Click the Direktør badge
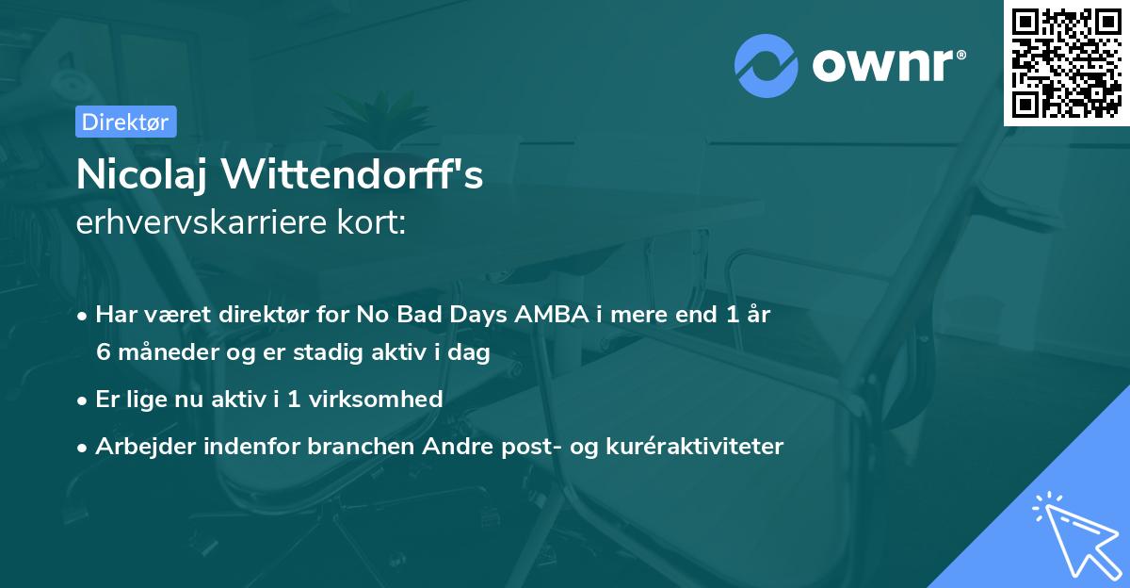(x=125, y=122)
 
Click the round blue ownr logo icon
(x=767, y=65)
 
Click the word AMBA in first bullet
(x=550, y=315)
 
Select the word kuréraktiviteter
(x=697, y=446)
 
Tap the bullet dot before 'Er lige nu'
(x=84, y=400)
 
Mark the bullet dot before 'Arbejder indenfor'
(x=84, y=447)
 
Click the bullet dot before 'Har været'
(x=84, y=316)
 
